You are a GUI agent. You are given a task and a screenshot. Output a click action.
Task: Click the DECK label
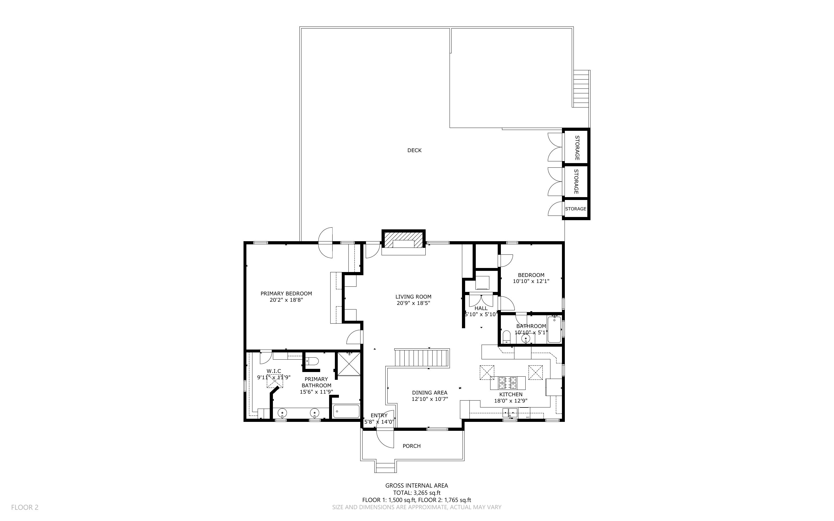click(x=414, y=150)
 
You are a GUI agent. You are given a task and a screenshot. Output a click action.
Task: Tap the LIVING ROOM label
click(x=413, y=297)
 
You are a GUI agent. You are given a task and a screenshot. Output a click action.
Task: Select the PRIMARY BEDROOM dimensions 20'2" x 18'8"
click(x=286, y=300)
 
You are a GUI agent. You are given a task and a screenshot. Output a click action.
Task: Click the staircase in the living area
click(x=422, y=358)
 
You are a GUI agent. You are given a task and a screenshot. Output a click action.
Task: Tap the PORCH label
click(x=412, y=446)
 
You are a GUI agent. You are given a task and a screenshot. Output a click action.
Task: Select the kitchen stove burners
click(x=508, y=383)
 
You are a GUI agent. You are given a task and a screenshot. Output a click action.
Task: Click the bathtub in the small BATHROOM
click(x=554, y=330)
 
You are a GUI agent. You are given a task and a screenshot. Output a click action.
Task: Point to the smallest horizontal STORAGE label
click(x=575, y=209)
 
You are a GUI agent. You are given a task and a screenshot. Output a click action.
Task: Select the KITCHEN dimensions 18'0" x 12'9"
click(x=511, y=401)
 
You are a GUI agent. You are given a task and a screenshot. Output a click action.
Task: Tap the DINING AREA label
click(x=430, y=392)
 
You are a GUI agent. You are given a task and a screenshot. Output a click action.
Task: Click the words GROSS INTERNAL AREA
click(x=416, y=486)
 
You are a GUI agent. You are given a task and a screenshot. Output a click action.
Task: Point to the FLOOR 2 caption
click(x=25, y=507)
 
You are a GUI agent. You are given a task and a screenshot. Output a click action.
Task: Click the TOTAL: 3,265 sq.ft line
click(x=417, y=493)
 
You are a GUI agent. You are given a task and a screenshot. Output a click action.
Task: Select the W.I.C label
click(x=273, y=371)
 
